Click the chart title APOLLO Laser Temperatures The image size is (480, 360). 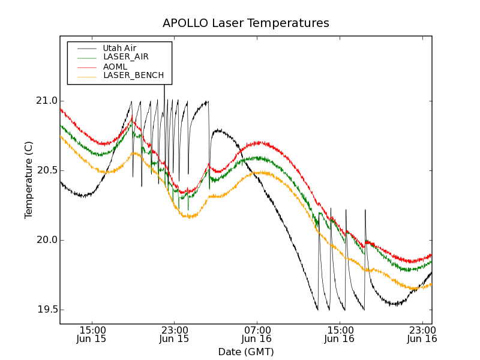click(245, 23)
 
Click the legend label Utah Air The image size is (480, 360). click(119, 48)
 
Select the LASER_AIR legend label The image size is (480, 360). click(125, 57)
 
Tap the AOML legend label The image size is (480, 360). click(115, 66)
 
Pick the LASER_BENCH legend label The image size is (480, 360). click(133, 76)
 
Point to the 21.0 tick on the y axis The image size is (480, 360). click(46, 101)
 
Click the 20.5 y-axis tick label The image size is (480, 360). click(46, 170)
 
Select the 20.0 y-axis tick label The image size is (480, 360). click(46, 240)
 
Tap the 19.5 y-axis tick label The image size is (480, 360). click(46, 310)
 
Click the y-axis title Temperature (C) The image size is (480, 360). click(29, 180)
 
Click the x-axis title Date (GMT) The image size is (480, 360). click(245, 352)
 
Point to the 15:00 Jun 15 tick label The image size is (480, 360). click(92, 334)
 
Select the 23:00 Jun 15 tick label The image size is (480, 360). click(174, 334)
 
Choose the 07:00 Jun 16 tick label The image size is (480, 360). click(257, 334)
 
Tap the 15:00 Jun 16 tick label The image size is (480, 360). click(340, 334)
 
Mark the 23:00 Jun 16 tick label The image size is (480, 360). click(422, 334)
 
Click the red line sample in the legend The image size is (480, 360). click(86, 67)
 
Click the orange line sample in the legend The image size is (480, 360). click(86, 76)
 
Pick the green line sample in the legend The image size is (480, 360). click(86, 58)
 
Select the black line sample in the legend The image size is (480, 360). click(86, 48)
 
